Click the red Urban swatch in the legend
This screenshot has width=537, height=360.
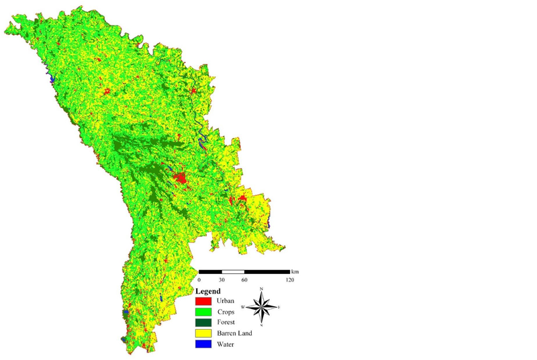point(204,301)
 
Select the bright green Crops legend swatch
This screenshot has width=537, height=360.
point(204,312)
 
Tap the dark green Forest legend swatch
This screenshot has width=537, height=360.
point(204,323)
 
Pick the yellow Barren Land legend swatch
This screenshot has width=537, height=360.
point(204,334)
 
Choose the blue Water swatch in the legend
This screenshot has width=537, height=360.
point(204,345)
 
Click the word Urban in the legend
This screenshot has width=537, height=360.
point(226,301)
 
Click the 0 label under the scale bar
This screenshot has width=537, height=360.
point(199,279)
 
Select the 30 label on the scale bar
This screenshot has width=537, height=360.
point(222,279)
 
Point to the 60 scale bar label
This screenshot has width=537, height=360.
point(244,279)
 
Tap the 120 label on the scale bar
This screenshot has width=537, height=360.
point(290,279)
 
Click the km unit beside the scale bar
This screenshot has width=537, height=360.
point(295,271)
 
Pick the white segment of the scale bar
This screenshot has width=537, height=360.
point(233,271)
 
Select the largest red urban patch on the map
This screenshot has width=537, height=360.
point(179,179)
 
